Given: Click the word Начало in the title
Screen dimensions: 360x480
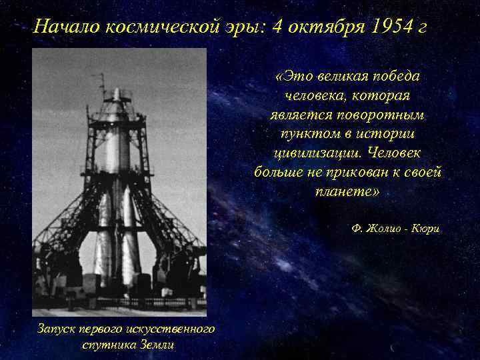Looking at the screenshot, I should point(65,27).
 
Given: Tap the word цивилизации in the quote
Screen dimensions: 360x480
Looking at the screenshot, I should point(309,153).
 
